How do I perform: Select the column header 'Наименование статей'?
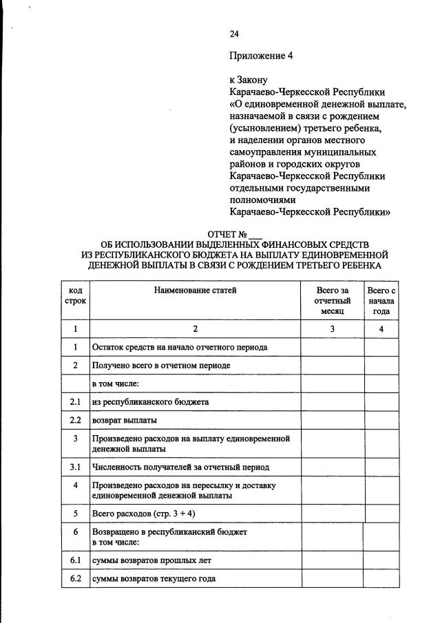point(196,291)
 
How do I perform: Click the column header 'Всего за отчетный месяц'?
point(332,301)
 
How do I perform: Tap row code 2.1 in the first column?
point(75,401)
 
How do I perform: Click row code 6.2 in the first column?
point(75,579)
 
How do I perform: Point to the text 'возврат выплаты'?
point(124,420)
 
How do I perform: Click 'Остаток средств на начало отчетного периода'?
point(179,348)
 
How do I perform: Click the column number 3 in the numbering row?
point(332,329)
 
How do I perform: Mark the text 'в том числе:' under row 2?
point(115,383)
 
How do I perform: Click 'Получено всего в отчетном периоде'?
point(161,366)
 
